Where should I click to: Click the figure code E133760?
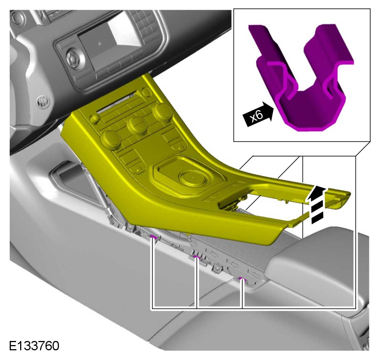pos(34,346)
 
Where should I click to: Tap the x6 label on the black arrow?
pos(256,116)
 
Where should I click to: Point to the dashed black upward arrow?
pos(316,204)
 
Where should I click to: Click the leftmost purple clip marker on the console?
pos(153,237)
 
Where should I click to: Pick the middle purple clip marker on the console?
pos(197,257)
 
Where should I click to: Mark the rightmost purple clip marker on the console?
pos(242,280)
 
